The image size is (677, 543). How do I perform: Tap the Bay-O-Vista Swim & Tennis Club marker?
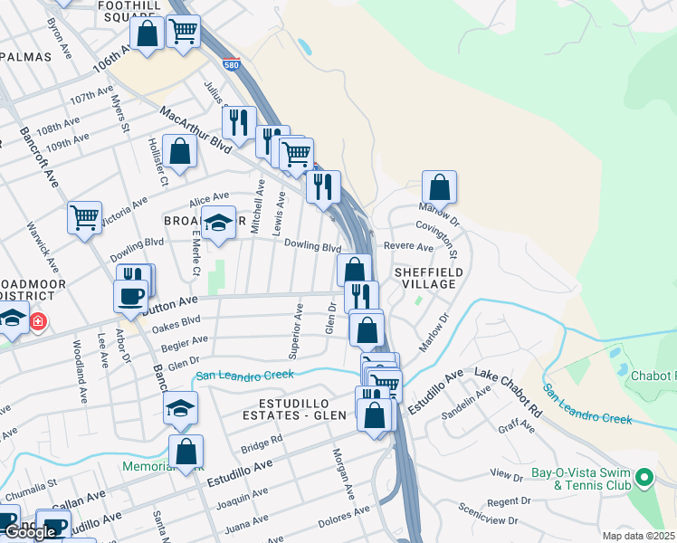pyautogui.click(x=644, y=477)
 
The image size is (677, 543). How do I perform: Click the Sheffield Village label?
pyautogui.click(x=428, y=278)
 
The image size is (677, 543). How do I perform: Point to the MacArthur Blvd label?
pyautogui.click(x=195, y=129)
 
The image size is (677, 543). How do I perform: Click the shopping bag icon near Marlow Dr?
pyautogui.click(x=439, y=187)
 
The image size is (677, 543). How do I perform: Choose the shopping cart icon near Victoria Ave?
pyautogui.click(x=84, y=216)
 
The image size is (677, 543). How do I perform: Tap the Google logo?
pyautogui.click(x=29, y=532)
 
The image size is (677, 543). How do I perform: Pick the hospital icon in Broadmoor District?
pyautogui.click(x=38, y=320)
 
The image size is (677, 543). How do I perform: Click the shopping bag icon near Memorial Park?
pyautogui.click(x=186, y=451)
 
